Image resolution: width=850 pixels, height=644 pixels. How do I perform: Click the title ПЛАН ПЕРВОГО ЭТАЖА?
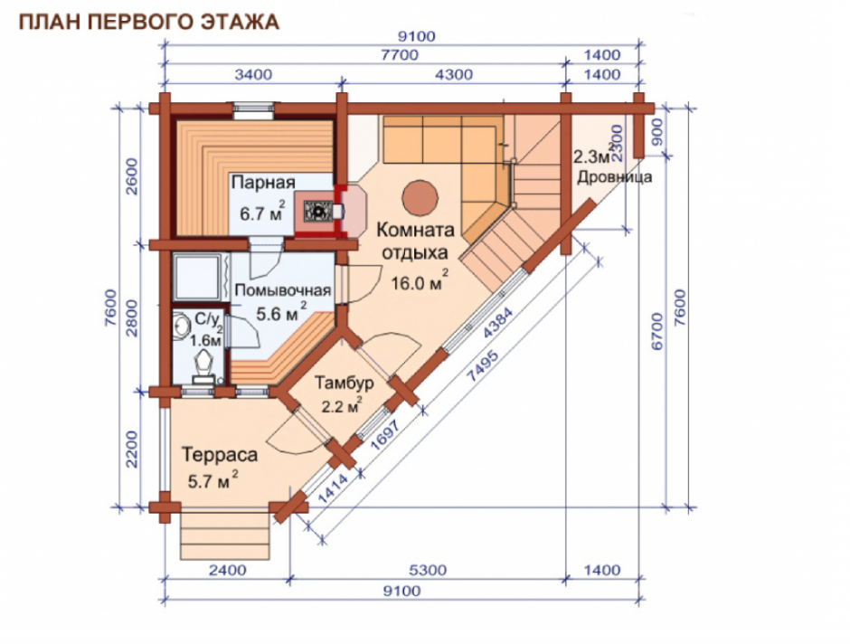tap(149, 22)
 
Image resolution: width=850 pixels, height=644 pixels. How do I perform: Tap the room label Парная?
tap(263, 182)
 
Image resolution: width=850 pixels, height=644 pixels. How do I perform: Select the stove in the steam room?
tap(317, 211)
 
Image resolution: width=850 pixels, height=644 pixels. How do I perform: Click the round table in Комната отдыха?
tap(420, 198)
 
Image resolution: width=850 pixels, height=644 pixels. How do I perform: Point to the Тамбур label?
tap(345, 383)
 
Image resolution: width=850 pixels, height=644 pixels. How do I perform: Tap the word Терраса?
tap(220, 454)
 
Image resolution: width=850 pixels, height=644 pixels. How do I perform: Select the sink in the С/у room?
tap(181, 327)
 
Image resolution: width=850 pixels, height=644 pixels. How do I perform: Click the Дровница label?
tap(614, 177)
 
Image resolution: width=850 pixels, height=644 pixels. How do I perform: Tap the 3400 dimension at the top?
tap(253, 74)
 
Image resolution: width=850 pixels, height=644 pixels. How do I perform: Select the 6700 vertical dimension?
tap(657, 331)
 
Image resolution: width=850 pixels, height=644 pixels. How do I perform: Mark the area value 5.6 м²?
tap(281, 313)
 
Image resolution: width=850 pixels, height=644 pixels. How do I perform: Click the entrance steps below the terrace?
tap(225, 535)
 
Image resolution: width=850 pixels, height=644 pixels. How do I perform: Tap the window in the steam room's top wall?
tap(254, 110)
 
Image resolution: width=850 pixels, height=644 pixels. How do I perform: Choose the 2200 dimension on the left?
tap(132, 450)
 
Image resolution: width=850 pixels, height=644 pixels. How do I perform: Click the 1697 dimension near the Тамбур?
tap(385, 435)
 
